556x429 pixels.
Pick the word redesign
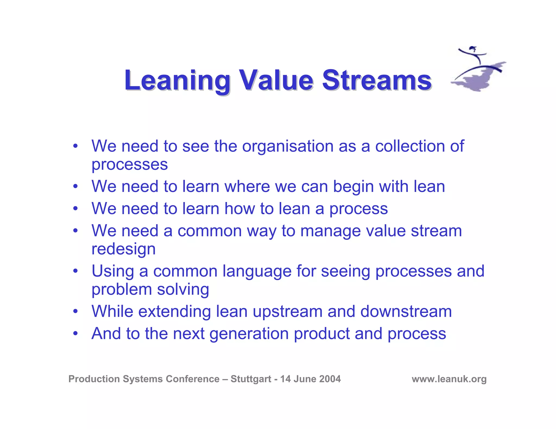pyautogui.click(x=124, y=249)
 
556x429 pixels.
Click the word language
pyautogui.click(x=257, y=271)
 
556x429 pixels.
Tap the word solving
pyautogui.click(x=183, y=289)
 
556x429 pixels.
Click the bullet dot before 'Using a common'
pyautogui.click(x=75, y=271)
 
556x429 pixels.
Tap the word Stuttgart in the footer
pyautogui.click(x=251, y=379)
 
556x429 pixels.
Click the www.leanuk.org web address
pyautogui.click(x=449, y=379)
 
